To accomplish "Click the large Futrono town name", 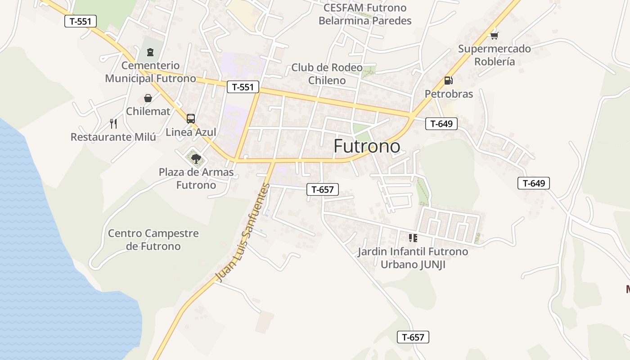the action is pos(367,146).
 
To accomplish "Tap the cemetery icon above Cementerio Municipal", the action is pos(150,52).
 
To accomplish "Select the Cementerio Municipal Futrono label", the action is pos(150,72).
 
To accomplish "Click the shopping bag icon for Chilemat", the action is pos(148,98).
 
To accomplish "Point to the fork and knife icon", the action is pos(113,124).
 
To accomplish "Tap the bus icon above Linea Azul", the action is pos(191,119).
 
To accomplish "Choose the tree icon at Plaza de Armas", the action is pos(196,158).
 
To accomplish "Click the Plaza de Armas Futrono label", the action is pos(196,179).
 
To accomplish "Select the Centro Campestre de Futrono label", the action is pos(153,240).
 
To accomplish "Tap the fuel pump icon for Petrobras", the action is pos(448,81).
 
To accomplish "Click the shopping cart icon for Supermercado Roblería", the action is pos(494,35).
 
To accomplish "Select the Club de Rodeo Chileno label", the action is pos(327,74).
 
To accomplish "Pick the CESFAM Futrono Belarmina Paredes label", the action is pos(365,14).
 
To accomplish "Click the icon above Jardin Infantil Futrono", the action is pos(413,238).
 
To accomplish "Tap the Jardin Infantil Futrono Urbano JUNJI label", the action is pos(413,258).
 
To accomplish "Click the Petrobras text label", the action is pos(449,94).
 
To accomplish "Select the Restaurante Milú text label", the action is pos(113,137).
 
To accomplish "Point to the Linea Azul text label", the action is pos(191,132).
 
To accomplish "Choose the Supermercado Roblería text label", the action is pos(494,55).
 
